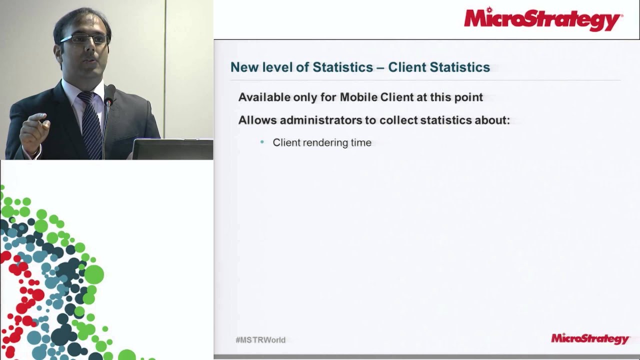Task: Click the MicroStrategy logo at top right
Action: [x=543, y=19]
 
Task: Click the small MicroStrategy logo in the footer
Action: [x=589, y=339]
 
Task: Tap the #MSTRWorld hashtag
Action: [x=260, y=340]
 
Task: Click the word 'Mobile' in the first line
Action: [x=358, y=97]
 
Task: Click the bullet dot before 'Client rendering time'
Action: [x=262, y=142]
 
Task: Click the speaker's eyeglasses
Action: [x=84, y=39]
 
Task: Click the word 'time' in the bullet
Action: [x=361, y=143]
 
